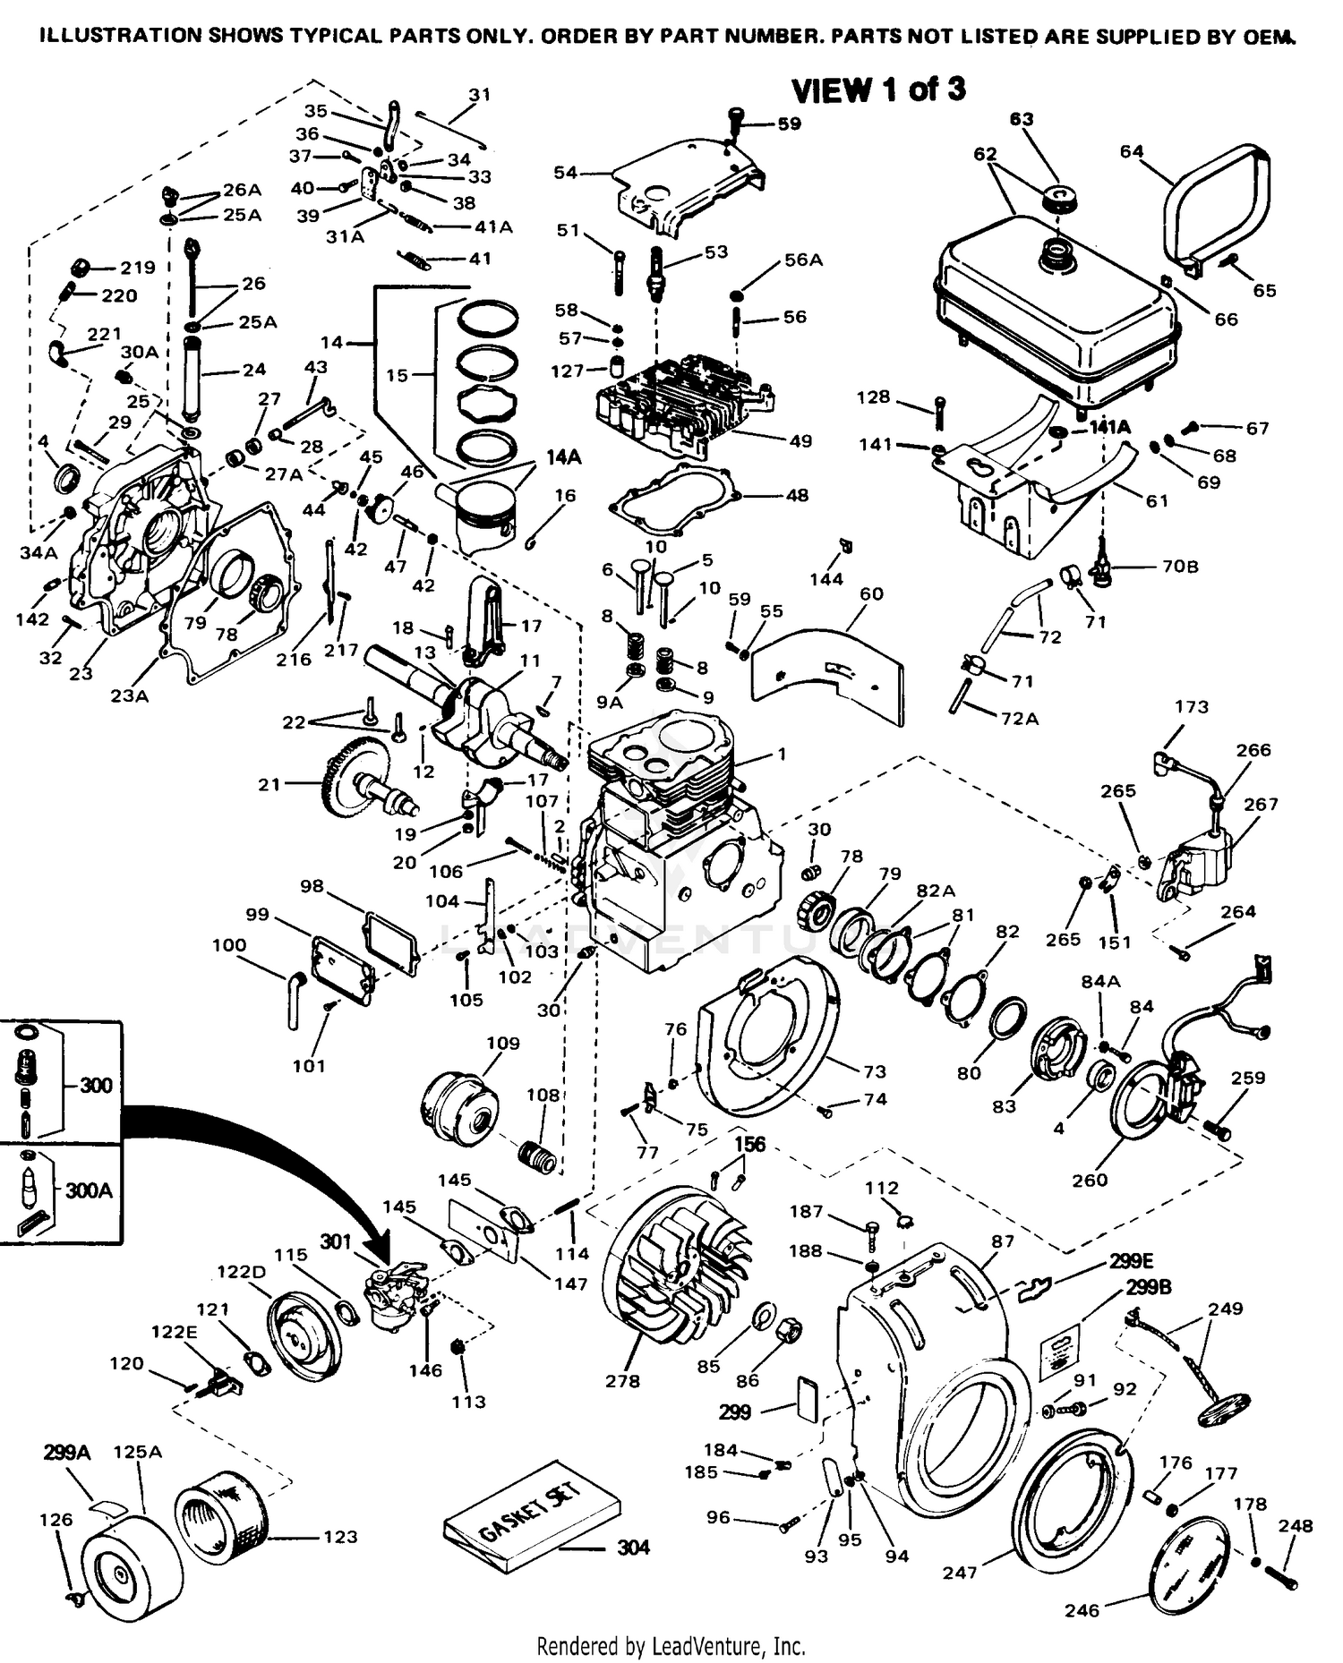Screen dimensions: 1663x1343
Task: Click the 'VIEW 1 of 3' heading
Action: [878, 90]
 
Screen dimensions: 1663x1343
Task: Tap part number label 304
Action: [633, 1548]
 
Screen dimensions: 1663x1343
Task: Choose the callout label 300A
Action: [88, 1191]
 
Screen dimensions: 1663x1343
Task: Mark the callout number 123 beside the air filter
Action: [340, 1537]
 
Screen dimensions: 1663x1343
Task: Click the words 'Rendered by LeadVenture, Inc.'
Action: [671, 1646]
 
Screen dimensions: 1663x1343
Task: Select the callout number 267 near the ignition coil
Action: [1261, 804]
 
